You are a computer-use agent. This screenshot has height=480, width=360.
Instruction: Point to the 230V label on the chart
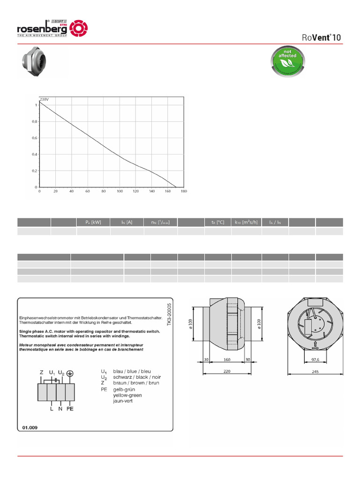[x=44, y=99]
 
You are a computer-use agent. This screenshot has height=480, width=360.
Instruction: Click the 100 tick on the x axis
[x=120, y=191]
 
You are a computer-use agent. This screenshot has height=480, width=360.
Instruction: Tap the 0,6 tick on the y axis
[x=35, y=138]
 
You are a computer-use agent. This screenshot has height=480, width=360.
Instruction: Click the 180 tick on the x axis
[x=184, y=191]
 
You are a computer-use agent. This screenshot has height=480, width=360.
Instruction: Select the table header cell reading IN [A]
[x=127, y=222]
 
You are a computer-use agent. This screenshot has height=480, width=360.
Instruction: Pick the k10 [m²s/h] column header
[x=246, y=222]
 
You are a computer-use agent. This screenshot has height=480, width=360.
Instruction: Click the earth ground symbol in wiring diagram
[x=70, y=373]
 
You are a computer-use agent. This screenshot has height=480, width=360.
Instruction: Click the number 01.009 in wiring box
[x=30, y=427]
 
